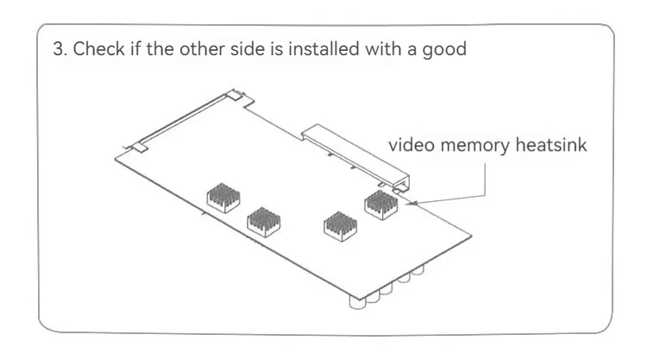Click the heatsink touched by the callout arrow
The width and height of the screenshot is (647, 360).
(x=380, y=204)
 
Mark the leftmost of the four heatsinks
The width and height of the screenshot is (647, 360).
(x=222, y=198)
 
